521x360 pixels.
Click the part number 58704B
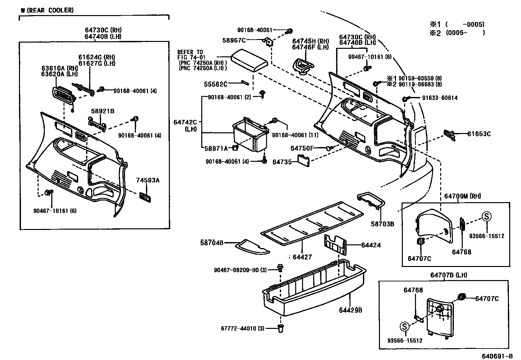click(212, 243)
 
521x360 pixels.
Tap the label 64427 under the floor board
click(302, 257)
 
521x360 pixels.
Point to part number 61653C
click(479, 134)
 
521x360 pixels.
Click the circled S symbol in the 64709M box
click(486, 216)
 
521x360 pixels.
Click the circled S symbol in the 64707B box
click(404, 326)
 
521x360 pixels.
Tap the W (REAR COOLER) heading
click(47, 10)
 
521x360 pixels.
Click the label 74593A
click(148, 180)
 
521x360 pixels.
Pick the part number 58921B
click(102, 111)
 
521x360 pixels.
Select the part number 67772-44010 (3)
click(243, 328)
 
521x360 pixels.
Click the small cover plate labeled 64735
click(303, 161)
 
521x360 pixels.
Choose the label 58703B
click(382, 224)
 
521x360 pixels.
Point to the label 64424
click(371, 245)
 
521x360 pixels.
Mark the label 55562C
click(216, 84)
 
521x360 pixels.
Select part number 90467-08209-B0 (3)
click(241, 270)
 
